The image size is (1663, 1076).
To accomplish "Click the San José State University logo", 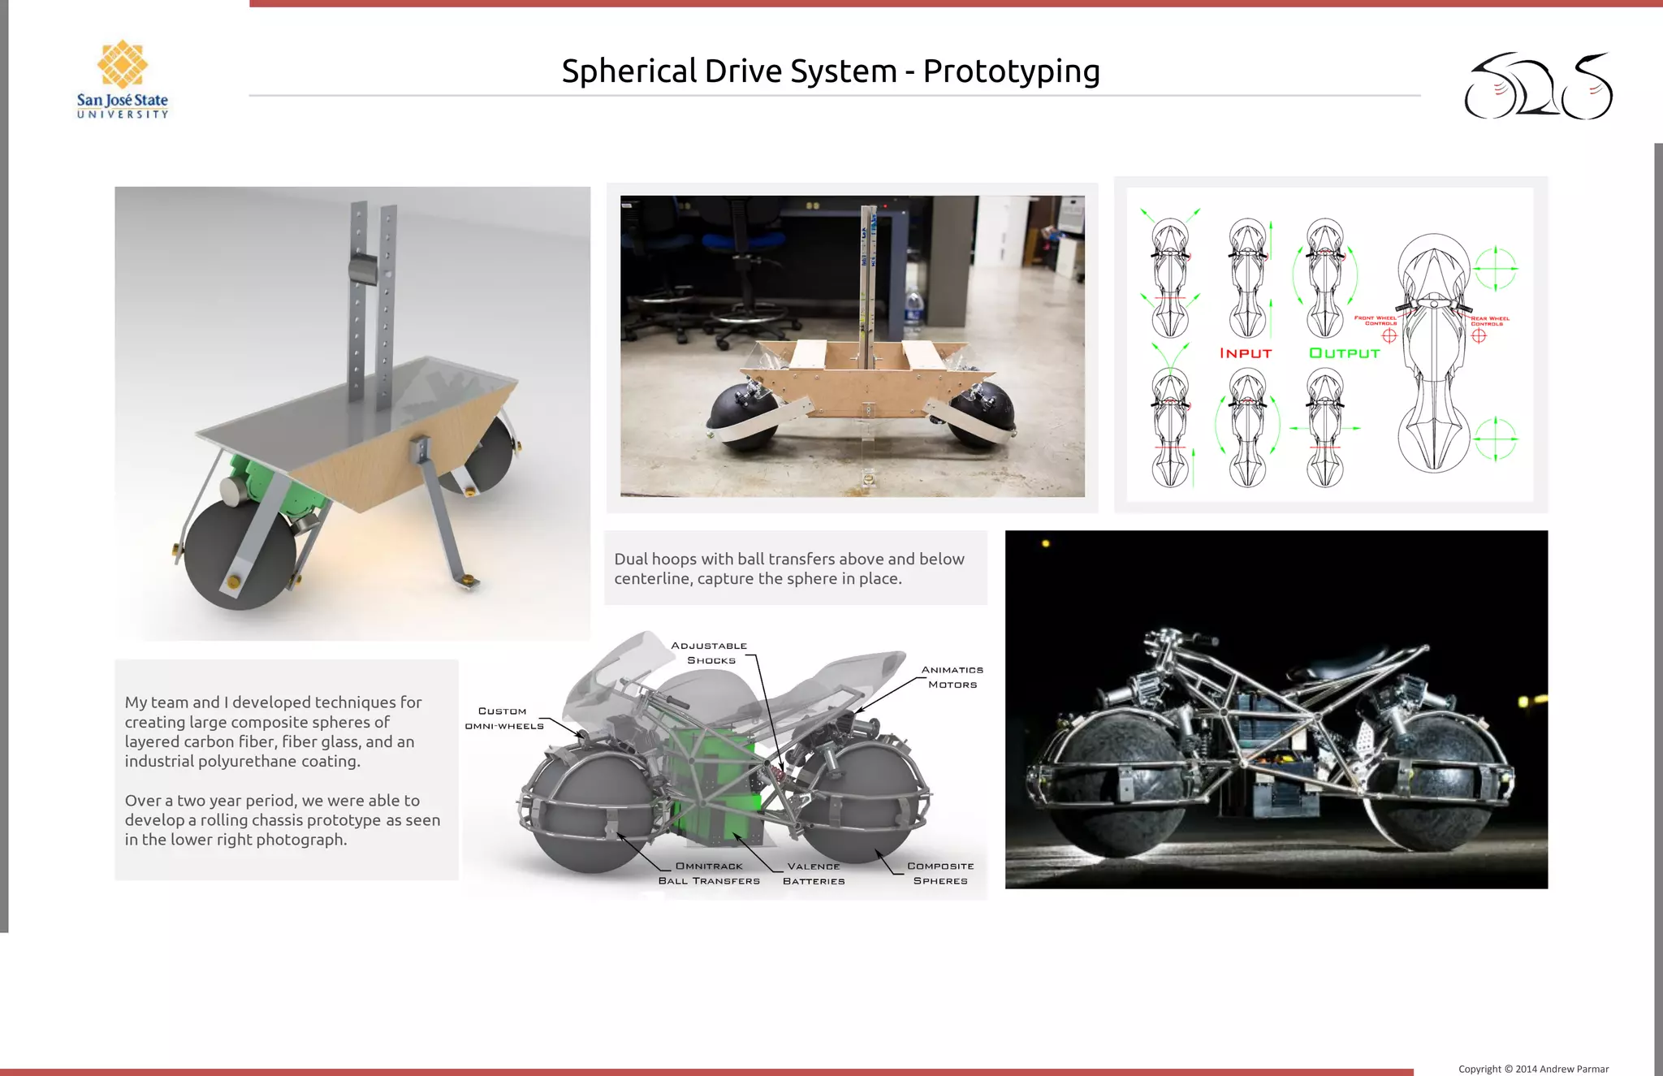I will pyautogui.click(x=123, y=80).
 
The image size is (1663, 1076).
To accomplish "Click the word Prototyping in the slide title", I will pyautogui.click(x=1011, y=71).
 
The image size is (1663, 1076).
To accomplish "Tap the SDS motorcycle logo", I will pyautogui.click(x=1538, y=87).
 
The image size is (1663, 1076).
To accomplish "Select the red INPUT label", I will pyautogui.click(x=1245, y=353).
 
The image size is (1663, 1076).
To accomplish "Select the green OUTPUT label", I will pyautogui.click(x=1344, y=353).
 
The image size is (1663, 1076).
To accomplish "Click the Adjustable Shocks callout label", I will pyautogui.click(x=710, y=653).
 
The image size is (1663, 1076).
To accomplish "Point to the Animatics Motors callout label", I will pyautogui.click(x=952, y=677).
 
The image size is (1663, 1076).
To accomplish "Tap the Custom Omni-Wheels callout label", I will pyautogui.click(x=503, y=719).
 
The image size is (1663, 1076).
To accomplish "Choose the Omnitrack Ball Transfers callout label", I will pyautogui.click(x=709, y=874).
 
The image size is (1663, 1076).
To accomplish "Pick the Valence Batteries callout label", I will pyautogui.click(x=814, y=874).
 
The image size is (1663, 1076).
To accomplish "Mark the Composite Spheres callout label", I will pyautogui.click(x=940, y=874).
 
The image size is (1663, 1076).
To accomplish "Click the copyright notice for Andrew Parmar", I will pyautogui.click(x=1533, y=1069).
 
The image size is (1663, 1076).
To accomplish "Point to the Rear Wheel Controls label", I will pyautogui.click(x=1489, y=321).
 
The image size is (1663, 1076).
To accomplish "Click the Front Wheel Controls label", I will pyautogui.click(x=1376, y=321).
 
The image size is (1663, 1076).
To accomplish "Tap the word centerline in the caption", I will pyautogui.click(x=651, y=579).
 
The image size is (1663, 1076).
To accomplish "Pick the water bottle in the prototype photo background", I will pyautogui.click(x=914, y=309).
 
